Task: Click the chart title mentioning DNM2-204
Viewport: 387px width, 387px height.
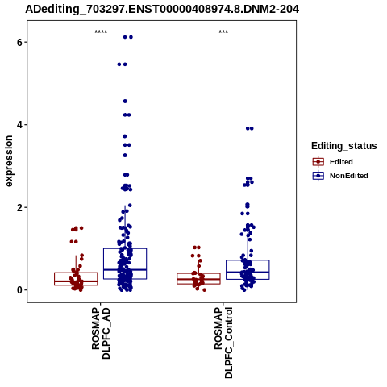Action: tap(162, 10)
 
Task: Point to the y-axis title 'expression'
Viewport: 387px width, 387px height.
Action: tap(9, 161)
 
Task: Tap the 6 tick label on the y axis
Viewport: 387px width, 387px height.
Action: tap(19, 42)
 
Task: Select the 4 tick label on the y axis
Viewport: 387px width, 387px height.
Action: tap(19, 125)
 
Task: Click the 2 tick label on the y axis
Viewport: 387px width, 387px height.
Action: tap(19, 207)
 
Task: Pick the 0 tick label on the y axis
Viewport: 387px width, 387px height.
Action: tap(19, 290)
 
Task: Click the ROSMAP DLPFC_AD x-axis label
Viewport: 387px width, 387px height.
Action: tap(101, 333)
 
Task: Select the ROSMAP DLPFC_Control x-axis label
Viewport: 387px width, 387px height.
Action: tap(223, 343)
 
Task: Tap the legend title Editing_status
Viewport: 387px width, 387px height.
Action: tap(344, 146)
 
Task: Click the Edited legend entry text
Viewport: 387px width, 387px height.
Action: tap(341, 162)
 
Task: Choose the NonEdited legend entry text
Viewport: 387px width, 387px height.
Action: tap(349, 176)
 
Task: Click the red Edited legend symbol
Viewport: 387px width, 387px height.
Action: tap(318, 162)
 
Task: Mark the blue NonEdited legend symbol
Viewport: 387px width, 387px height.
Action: tap(318, 176)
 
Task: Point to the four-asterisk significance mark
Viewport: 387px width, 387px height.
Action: tap(101, 32)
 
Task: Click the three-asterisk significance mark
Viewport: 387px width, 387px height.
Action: tap(223, 32)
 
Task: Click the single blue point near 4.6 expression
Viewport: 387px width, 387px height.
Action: tap(125, 102)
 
